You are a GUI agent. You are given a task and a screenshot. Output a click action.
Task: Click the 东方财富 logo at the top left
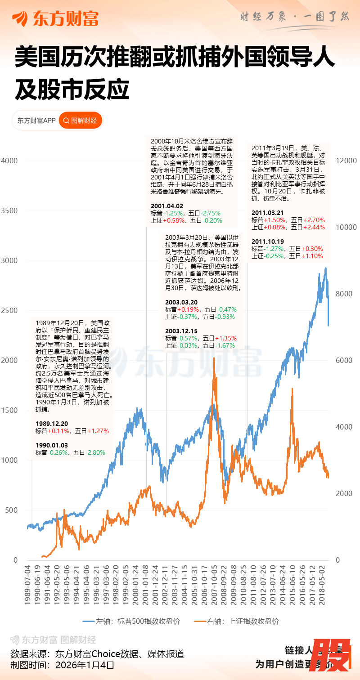click(55, 18)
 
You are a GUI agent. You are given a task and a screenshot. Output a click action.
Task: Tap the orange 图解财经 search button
click(81, 121)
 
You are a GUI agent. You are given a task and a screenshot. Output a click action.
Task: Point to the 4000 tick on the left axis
click(9, 161)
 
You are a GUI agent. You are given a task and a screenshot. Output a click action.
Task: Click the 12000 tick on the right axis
click(347, 161)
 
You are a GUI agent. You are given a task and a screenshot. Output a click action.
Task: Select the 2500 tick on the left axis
click(9, 310)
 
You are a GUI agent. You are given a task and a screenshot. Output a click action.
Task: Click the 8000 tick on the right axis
click(345, 294)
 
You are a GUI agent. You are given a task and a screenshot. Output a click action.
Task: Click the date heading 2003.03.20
click(181, 302)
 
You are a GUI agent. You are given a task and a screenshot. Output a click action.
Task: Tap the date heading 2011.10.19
click(268, 242)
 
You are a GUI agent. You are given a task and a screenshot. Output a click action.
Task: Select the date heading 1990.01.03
click(52, 445)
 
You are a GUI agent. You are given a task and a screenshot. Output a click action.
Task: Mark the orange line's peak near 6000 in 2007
click(215, 358)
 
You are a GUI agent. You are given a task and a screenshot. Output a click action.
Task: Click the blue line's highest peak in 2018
click(325, 268)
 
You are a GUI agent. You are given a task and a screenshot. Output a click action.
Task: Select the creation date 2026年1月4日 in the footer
click(85, 665)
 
